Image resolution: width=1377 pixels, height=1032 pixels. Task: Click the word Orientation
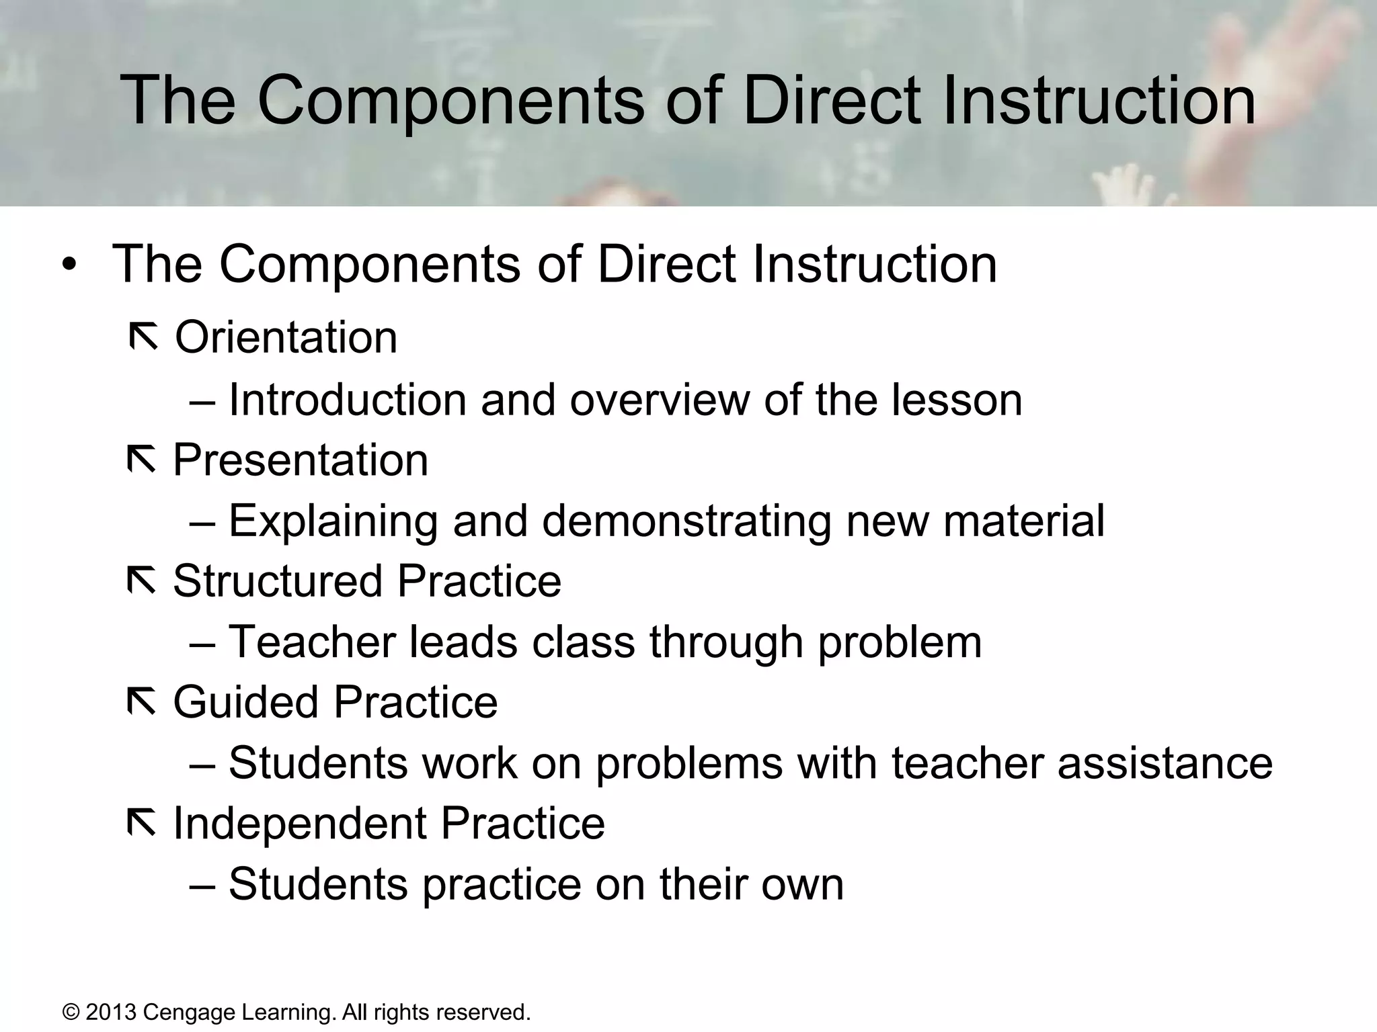pos(286,337)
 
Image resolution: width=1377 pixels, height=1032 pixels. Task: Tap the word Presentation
pos(301,460)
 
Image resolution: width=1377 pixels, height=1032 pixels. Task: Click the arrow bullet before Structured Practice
pos(141,581)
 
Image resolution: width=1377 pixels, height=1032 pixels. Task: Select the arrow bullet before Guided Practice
pos(141,703)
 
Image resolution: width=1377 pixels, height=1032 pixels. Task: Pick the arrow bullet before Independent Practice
pos(141,824)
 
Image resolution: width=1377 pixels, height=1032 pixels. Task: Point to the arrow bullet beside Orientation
pos(143,337)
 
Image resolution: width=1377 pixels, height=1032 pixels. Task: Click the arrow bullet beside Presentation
pos(141,460)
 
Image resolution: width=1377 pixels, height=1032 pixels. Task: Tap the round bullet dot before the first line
pos(70,265)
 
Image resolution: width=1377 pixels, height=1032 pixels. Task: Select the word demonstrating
pos(686,521)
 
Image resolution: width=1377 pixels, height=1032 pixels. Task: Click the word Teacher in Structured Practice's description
pos(311,642)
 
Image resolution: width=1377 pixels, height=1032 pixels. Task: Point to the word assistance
pos(1165,763)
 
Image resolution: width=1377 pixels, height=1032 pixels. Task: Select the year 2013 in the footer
pos(111,1012)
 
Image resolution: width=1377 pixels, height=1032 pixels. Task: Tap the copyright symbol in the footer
pos(71,1012)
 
